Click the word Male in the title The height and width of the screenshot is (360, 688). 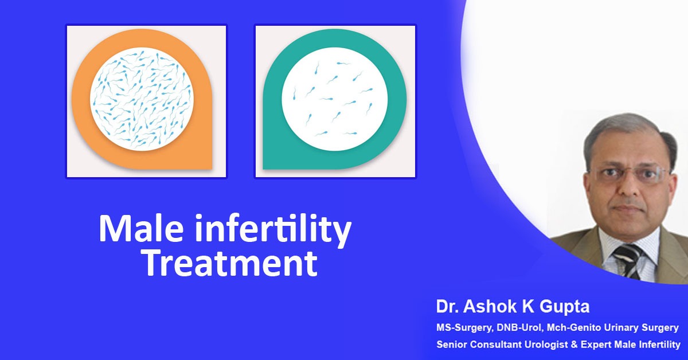coord(141,229)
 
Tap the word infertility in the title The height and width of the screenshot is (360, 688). coord(273,231)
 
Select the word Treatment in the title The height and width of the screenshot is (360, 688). coord(229,263)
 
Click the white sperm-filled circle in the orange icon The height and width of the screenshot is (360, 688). coord(142,99)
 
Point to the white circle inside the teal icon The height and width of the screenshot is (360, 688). coord(334,99)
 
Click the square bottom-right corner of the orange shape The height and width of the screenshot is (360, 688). coord(212,169)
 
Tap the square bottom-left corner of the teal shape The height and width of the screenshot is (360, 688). coord(264,169)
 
